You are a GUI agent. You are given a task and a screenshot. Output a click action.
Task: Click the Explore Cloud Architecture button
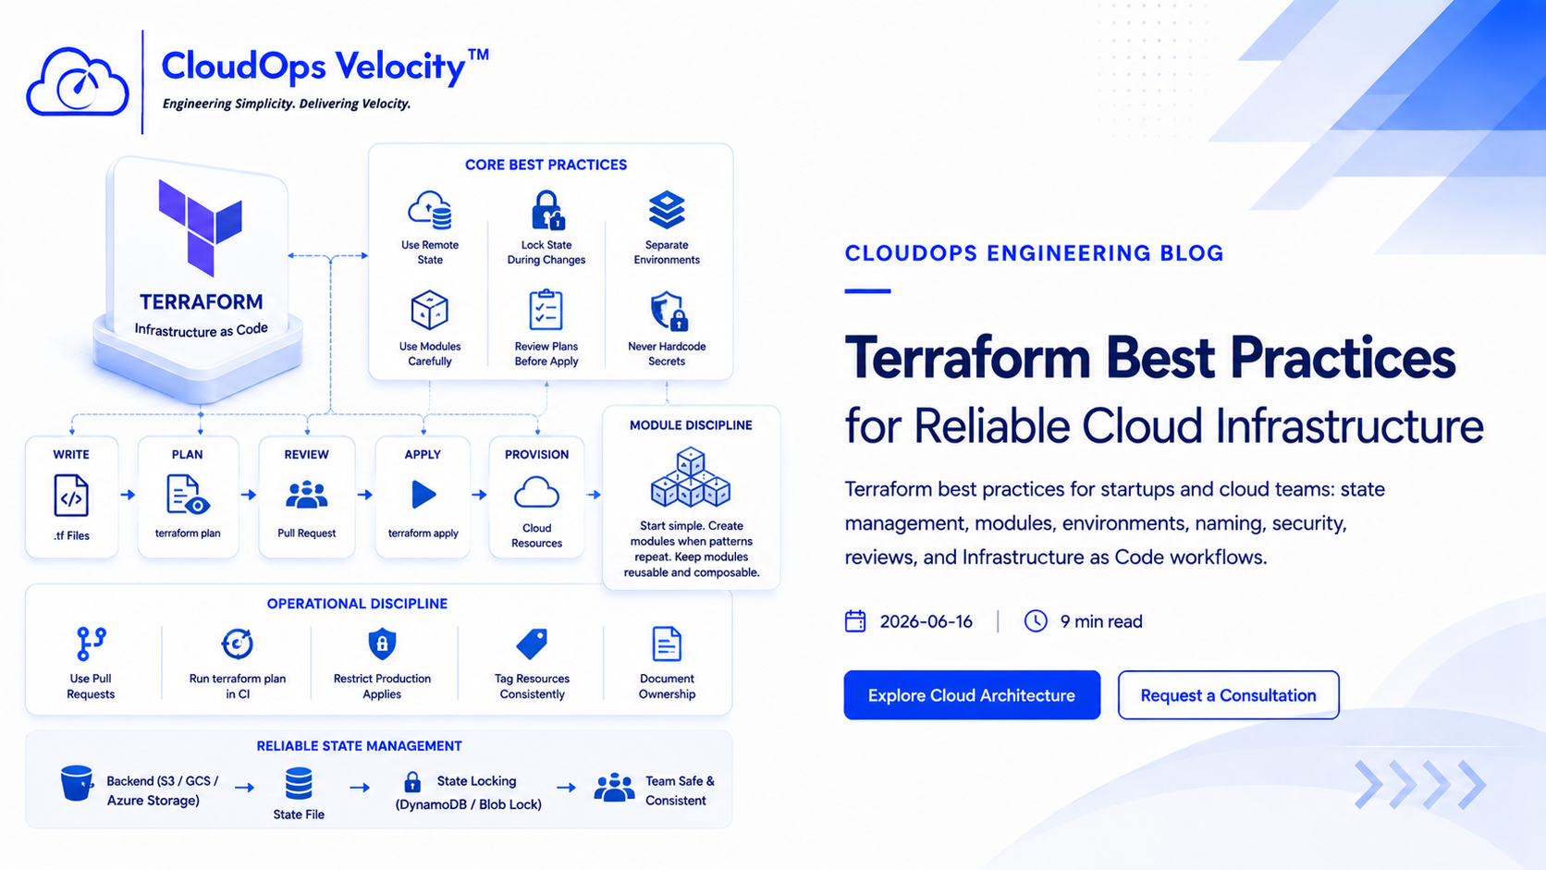click(x=972, y=694)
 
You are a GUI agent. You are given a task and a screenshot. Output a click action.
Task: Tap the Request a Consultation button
click(x=1229, y=694)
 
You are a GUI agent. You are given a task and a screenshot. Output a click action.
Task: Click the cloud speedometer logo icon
click(x=78, y=81)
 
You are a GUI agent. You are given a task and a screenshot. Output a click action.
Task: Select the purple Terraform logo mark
click(x=200, y=227)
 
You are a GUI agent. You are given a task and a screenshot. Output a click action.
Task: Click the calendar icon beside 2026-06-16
click(x=855, y=621)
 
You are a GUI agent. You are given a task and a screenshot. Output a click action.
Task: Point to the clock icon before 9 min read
click(x=1036, y=621)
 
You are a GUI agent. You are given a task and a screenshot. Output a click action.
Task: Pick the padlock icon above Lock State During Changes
click(x=547, y=210)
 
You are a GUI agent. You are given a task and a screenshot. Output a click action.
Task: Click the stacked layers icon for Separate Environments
click(x=667, y=210)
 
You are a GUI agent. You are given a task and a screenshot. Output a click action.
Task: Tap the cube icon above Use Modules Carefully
click(x=429, y=310)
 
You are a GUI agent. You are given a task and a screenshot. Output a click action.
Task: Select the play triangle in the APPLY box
click(x=423, y=495)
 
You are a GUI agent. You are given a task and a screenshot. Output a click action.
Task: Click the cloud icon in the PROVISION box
click(x=536, y=493)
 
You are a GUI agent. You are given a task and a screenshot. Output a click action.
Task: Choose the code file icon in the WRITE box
click(x=71, y=496)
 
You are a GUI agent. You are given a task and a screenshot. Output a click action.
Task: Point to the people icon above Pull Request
click(x=306, y=495)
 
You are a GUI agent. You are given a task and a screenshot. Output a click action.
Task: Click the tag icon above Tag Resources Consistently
click(x=532, y=643)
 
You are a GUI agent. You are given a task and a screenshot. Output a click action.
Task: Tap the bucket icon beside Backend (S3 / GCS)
click(x=77, y=783)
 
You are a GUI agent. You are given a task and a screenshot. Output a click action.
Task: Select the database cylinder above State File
click(x=299, y=784)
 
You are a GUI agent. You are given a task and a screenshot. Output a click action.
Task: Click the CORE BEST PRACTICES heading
click(x=546, y=165)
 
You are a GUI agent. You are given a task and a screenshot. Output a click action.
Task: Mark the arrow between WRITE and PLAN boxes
click(x=128, y=495)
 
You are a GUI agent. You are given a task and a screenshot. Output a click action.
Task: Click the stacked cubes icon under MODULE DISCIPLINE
click(x=690, y=477)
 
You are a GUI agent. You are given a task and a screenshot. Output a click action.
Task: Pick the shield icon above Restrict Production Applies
click(x=383, y=643)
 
